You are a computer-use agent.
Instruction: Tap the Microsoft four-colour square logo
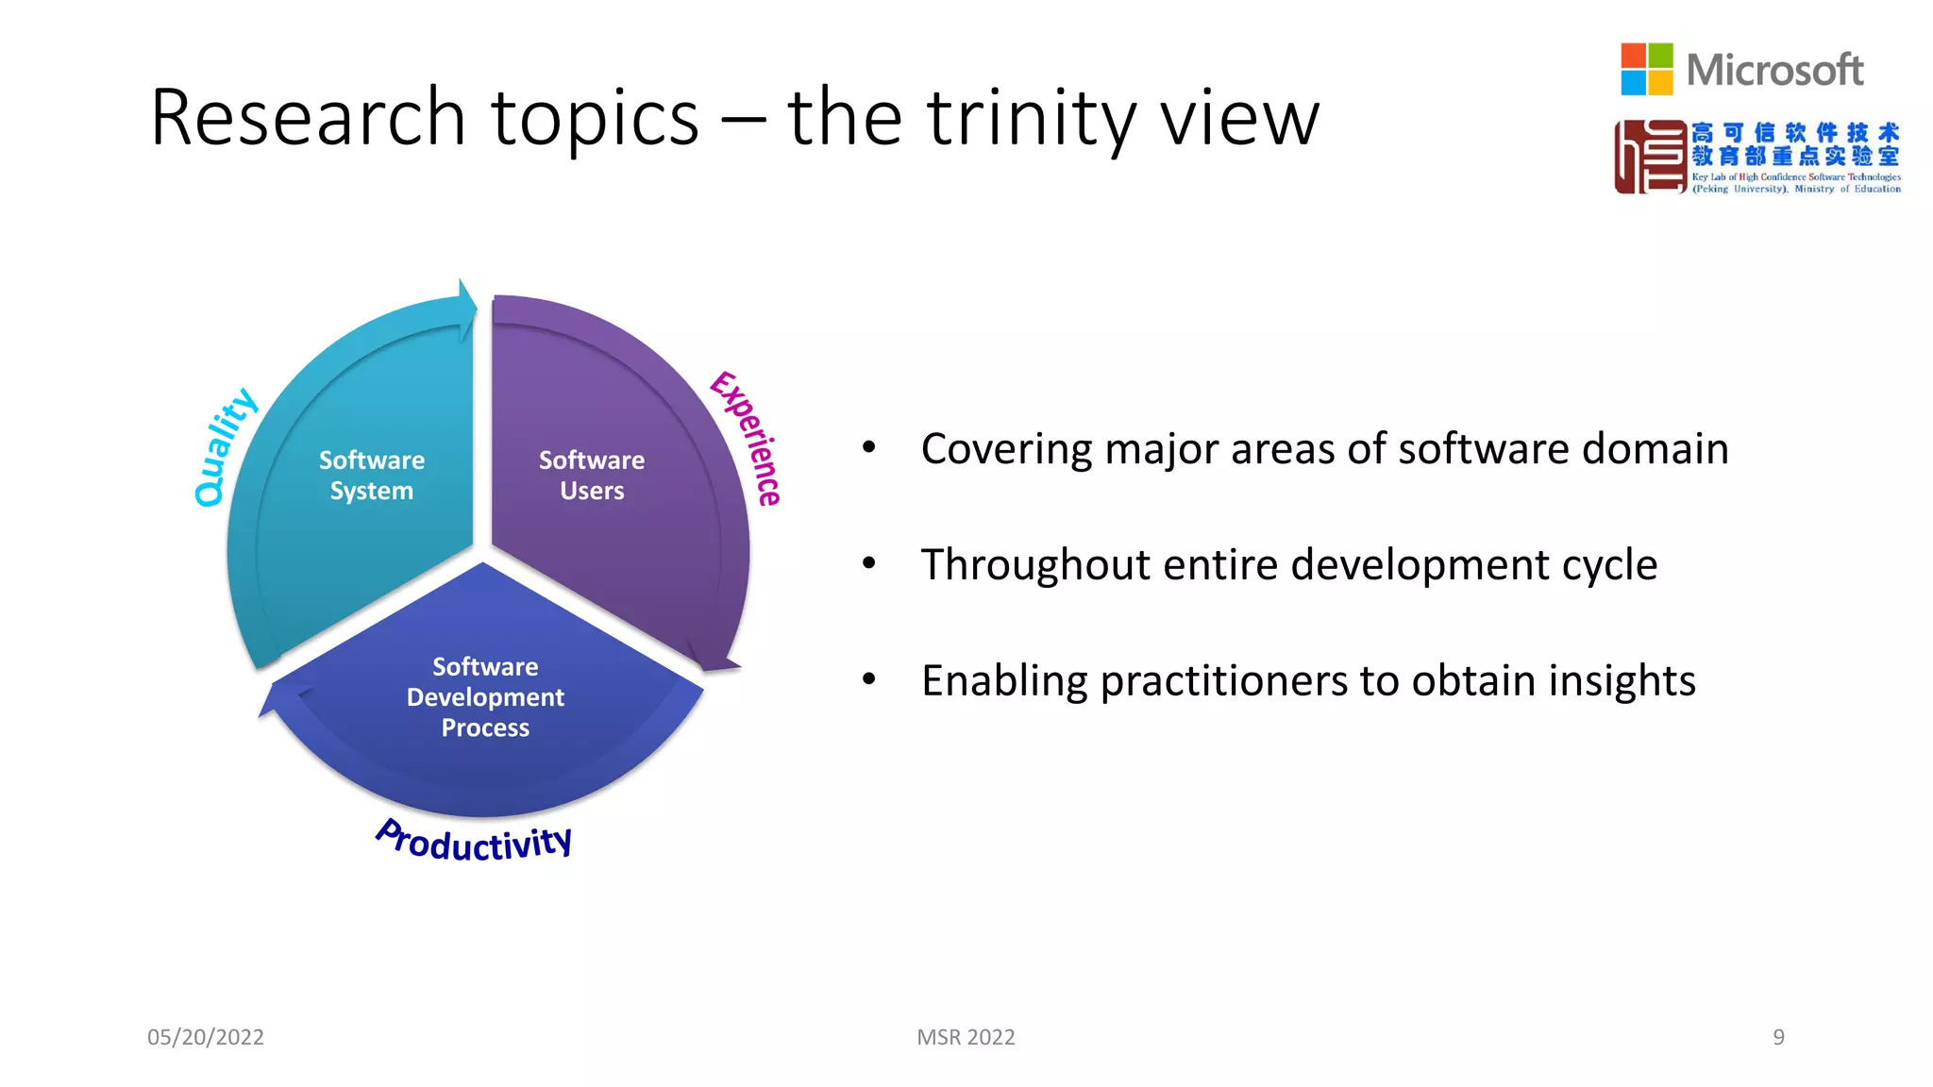coord(1646,69)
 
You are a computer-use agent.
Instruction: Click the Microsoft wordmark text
coord(1774,70)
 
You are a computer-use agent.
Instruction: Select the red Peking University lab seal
coord(1650,157)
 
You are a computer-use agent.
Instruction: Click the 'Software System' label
coord(372,476)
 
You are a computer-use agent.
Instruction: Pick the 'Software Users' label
coord(592,476)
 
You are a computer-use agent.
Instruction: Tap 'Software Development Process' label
coord(485,697)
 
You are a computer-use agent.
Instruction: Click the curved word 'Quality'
coord(224,447)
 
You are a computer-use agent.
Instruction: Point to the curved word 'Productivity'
coord(474,840)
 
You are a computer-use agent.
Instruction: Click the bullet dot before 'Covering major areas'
coord(869,447)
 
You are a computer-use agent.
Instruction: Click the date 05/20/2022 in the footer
coord(206,1037)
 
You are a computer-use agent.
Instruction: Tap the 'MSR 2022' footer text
coord(966,1037)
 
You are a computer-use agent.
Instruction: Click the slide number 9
coord(1778,1037)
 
